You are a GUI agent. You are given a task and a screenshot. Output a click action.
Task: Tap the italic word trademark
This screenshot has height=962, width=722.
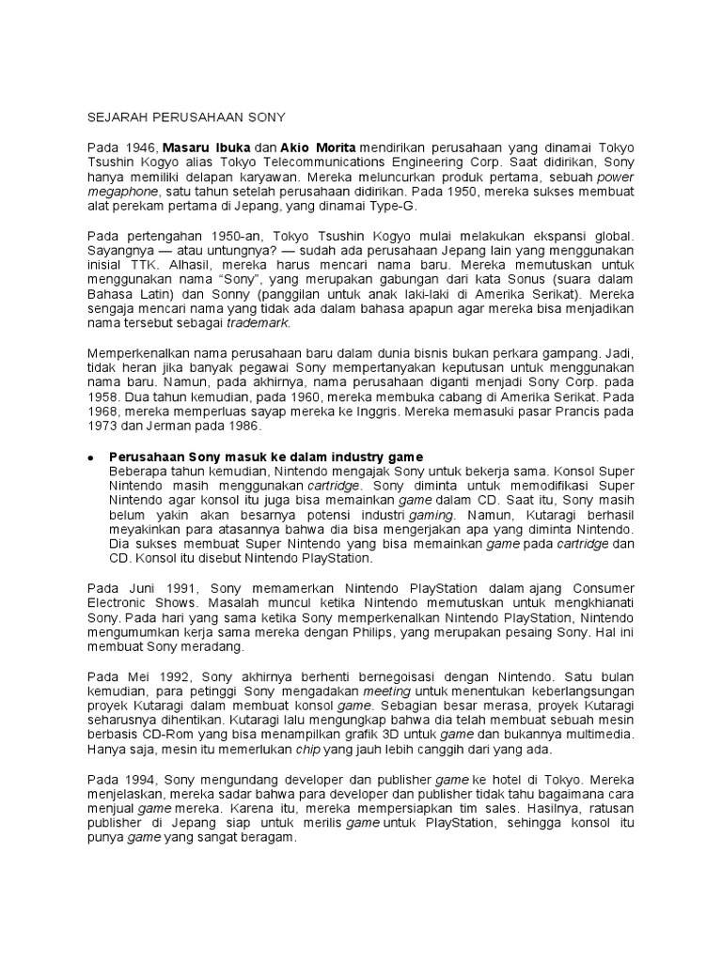click(259, 324)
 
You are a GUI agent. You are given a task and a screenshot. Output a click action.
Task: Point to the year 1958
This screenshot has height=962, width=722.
click(102, 398)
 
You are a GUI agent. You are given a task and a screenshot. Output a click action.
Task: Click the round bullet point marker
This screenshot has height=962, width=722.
click(90, 458)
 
